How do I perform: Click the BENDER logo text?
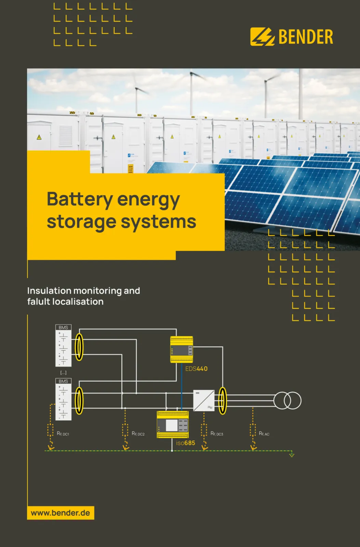pyautogui.click(x=306, y=37)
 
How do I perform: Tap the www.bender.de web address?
pyautogui.click(x=61, y=513)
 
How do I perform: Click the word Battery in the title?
pyautogui.click(x=80, y=199)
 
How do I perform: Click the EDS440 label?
pyautogui.click(x=196, y=369)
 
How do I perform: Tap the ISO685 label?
pyautogui.click(x=186, y=443)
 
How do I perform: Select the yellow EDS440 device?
pyautogui.click(x=182, y=349)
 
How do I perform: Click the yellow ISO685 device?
pyautogui.click(x=173, y=425)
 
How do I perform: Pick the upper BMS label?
pyautogui.click(x=63, y=328)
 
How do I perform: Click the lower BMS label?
pyautogui.click(x=63, y=381)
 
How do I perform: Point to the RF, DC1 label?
pyautogui.click(x=63, y=434)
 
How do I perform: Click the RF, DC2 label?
pyautogui.click(x=138, y=434)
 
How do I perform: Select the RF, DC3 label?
pyautogui.click(x=217, y=434)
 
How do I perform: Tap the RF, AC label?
pyautogui.click(x=264, y=434)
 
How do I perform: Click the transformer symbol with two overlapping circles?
pyautogui.click(x=288, y=400)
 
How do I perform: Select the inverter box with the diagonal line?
pyautogui.click(x=204, y=400)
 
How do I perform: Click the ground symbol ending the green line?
pyautogui.click(x=292, y=455)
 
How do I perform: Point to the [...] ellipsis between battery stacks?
pyautogui.click(x=63, y=373)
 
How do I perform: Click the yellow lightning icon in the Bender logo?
pyautogui.click(x=262, y=37)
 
